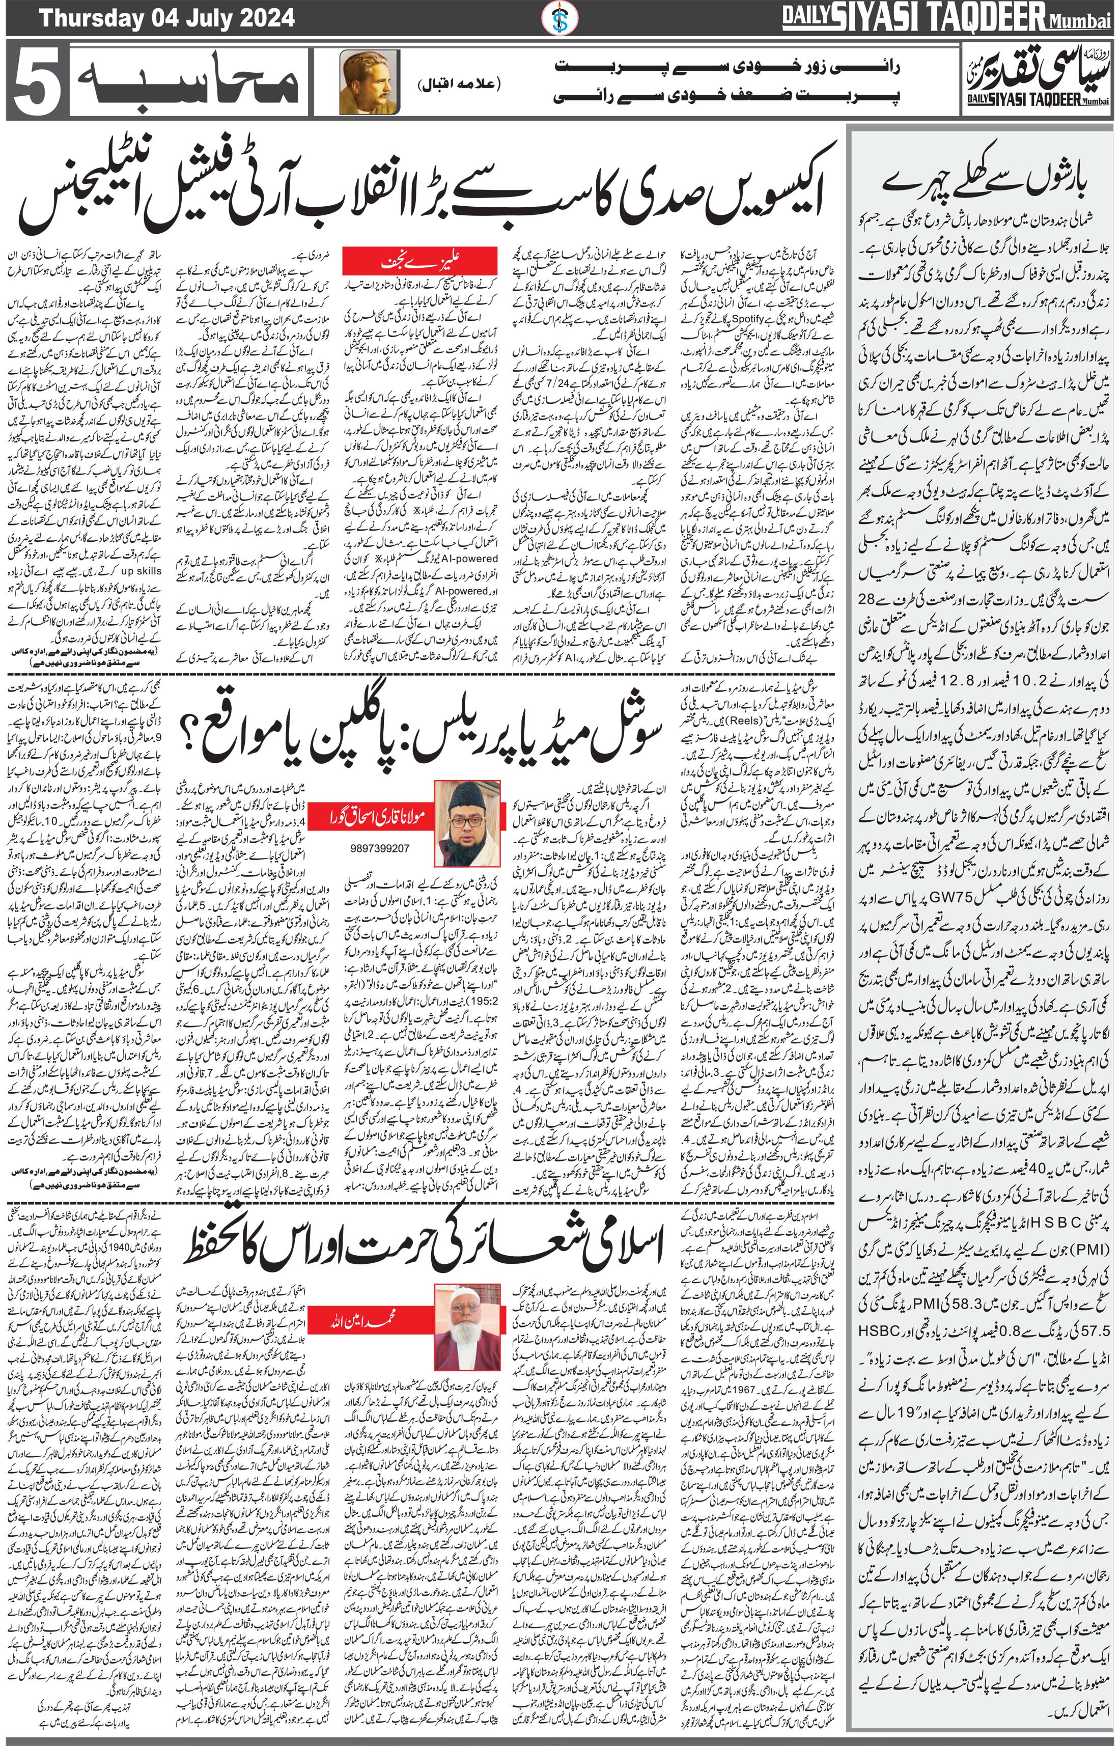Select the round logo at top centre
[x=560, y=17]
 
